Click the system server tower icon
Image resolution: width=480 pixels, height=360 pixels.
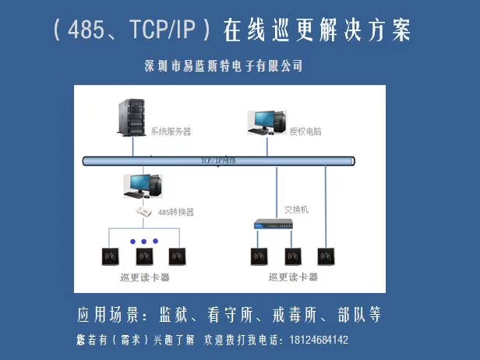(x=130, y=119)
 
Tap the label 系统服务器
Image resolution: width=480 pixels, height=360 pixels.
(x=171, y=131)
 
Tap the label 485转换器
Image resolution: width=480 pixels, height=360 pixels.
(x=175, y=212)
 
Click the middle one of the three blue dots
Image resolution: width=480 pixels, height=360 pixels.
(x=143, y=242)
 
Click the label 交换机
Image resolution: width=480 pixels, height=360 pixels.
(x=297, y=209)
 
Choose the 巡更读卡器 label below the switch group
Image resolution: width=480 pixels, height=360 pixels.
(x=292, y=277)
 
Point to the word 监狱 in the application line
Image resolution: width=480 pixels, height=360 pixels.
(x=178, y=315)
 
